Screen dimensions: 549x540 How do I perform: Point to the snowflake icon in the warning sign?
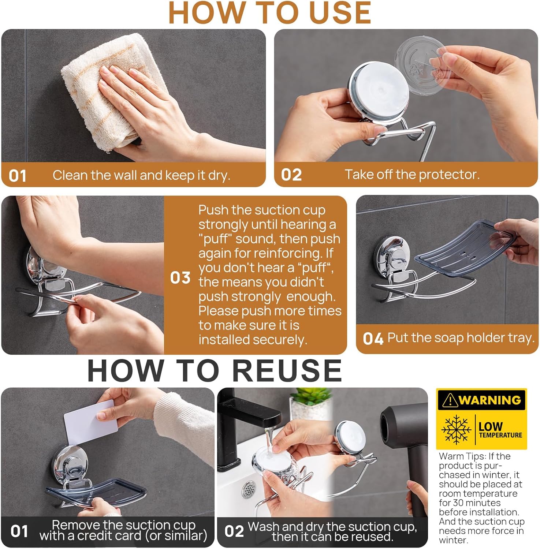pos(456,430)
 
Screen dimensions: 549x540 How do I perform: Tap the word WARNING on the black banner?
pos(489,400)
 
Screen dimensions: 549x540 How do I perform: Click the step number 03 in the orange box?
pos(180,278)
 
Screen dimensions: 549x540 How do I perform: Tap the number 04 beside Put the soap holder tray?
pos(373,339)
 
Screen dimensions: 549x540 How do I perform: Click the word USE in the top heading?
pos(340,13)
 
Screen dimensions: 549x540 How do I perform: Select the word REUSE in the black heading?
pos(287,370)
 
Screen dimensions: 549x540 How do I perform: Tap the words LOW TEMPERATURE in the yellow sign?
pos(500,430)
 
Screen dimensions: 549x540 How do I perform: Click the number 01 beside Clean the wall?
pos(18,176)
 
